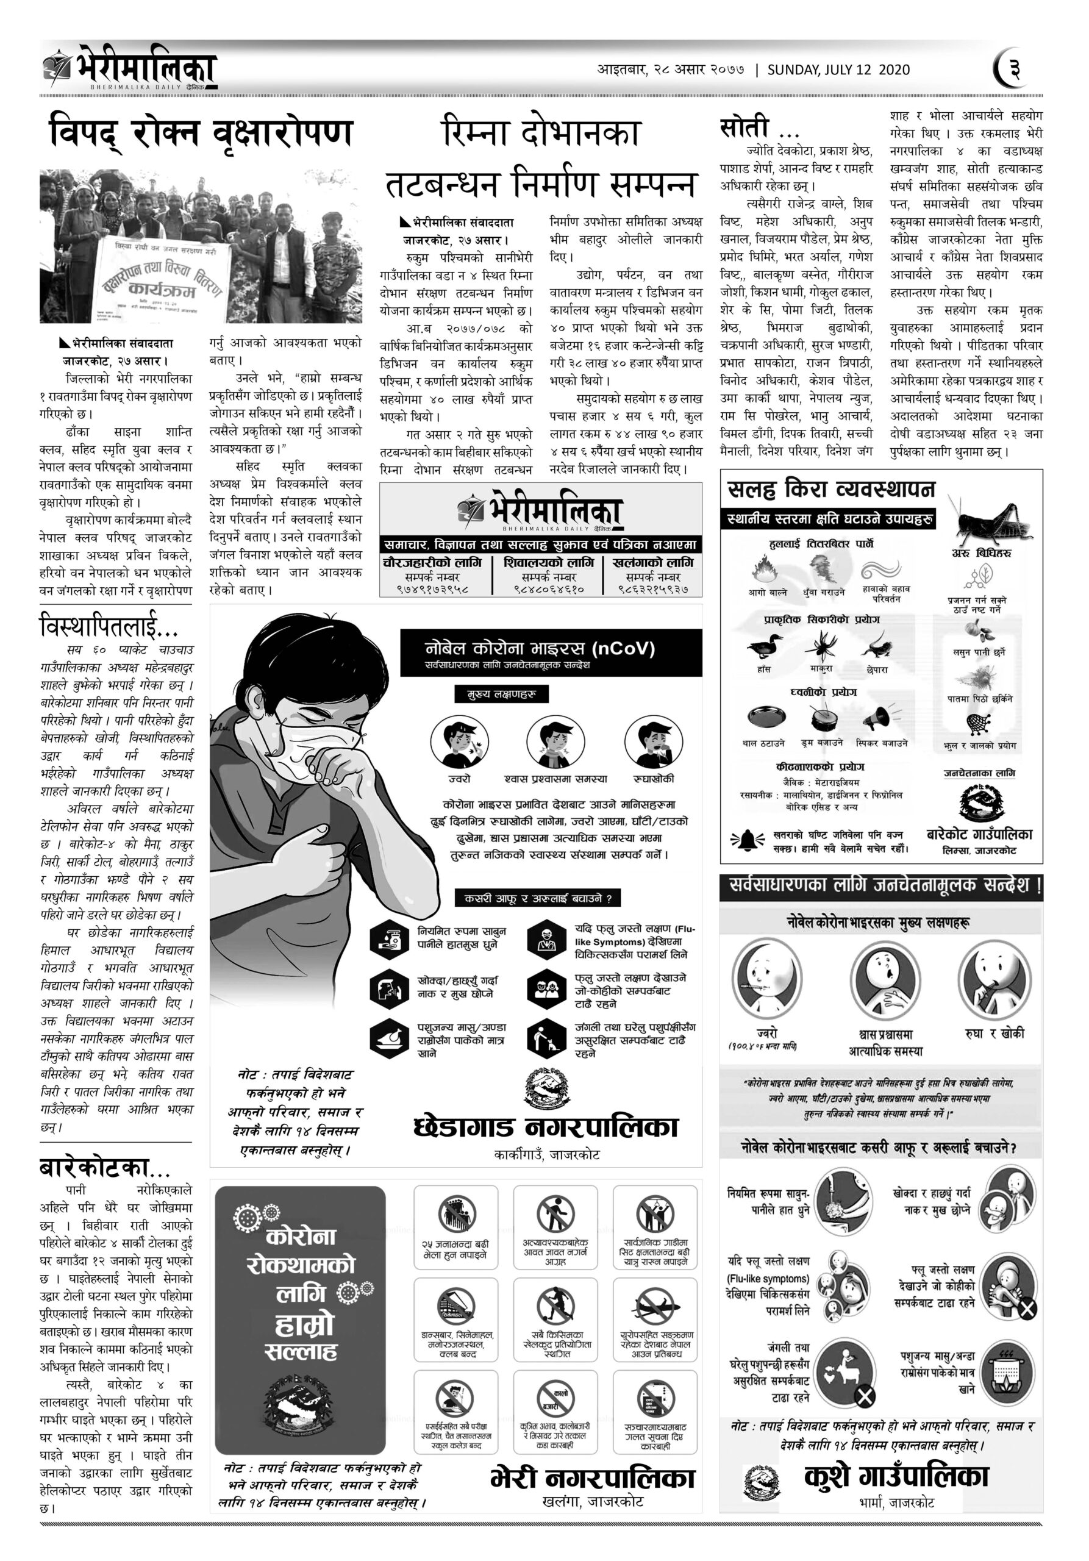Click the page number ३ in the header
point(1014,70)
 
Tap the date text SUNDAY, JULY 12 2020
point(839,70)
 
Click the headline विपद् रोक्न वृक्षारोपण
point(201,132)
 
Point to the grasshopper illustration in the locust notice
point(989,520)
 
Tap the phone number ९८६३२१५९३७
point(652,589)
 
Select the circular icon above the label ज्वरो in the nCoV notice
point(459,741)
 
